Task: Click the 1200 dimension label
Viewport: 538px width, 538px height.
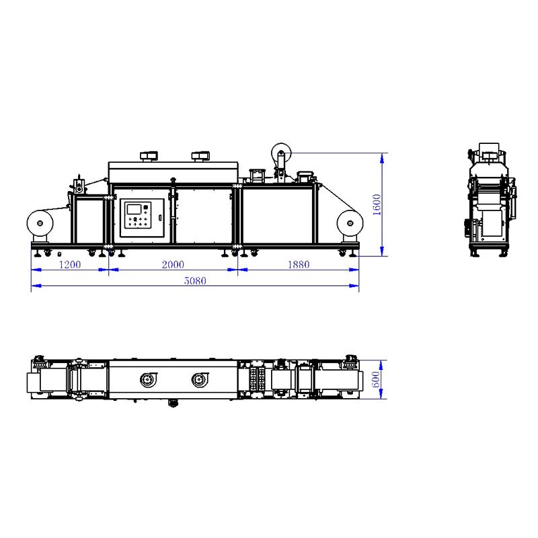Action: click(x=69, y=264)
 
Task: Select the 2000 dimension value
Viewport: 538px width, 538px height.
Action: click(x=173, y=264)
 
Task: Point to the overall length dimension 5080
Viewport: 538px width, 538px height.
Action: click(x=195, y=281)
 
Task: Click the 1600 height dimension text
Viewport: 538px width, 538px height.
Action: click(x=377, y=204)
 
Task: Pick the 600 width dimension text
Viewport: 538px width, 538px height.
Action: click(x=377, y=380)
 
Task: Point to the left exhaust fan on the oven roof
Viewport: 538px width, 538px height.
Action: click(x=147, y=157)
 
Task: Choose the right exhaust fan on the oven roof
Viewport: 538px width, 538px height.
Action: click(x=199, y=157)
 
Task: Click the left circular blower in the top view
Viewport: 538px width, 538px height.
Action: click(x=147, y=381)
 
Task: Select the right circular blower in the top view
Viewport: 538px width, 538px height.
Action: click(x=199, y=381)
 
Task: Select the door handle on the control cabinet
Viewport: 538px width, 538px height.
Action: click(x=159, y=217)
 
